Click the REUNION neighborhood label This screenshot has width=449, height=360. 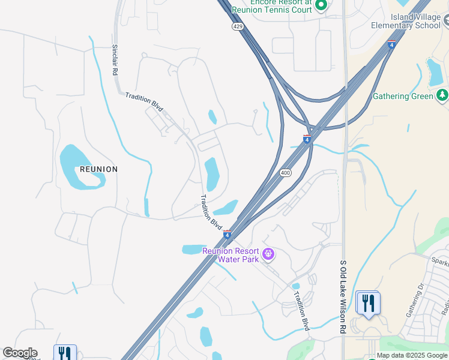(98, 169)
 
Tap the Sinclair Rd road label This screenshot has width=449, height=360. (115, 59)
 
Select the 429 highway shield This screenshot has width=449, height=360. (237, 28)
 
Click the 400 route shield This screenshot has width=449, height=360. (286, 173)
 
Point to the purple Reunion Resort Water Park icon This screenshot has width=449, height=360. (268, 255)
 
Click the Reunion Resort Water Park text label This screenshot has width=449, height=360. (231, 255)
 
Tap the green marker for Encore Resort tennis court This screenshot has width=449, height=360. (321, 6)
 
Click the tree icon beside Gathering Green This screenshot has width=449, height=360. (442, 95)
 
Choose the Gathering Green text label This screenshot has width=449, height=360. (403, 96)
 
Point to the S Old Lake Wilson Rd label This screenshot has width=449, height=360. (343, 296)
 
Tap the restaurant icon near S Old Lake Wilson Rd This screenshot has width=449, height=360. (367, 303)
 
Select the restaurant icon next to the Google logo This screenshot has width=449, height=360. (64, 353)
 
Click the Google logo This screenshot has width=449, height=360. (20, 353)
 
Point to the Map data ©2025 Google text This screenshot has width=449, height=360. (412, 356)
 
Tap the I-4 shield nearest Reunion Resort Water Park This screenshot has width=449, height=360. (227, 233)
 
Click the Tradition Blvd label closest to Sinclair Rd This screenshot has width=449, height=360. (144, 101)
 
